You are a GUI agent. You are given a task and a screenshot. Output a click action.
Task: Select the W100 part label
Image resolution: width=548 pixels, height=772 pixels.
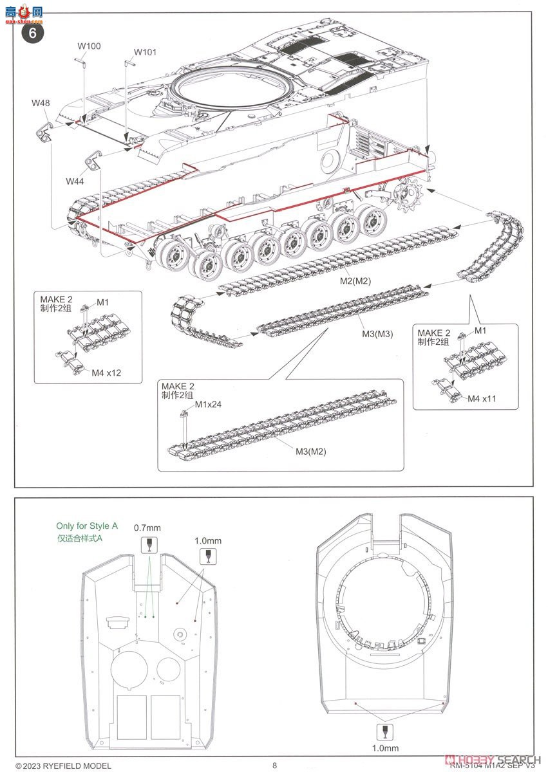pos(90,46)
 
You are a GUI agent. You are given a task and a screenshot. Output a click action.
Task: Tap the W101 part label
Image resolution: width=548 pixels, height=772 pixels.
pos(145,52)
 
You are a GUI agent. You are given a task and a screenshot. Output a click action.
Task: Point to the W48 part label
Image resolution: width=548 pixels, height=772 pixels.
pos(41,104)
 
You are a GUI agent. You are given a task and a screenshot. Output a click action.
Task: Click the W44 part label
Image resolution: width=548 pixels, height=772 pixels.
pos(75,181)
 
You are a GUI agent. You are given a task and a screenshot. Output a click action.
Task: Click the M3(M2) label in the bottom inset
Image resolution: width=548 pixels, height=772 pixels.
pos(311,451)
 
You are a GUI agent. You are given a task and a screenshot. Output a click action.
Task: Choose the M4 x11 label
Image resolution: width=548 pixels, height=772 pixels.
pos(482,399)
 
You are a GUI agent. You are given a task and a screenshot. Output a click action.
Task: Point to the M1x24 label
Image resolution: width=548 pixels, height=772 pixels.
pos(208,404)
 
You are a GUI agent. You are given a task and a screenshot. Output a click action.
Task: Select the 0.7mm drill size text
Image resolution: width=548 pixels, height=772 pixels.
pos(147,528)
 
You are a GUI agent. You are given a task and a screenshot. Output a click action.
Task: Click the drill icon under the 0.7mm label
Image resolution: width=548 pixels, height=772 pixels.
pos(148,545)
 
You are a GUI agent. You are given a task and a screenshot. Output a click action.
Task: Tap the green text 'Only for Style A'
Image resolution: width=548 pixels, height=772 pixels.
pos(87,526)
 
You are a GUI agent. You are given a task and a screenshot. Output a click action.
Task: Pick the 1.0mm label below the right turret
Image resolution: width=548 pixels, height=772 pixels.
pos(385,748)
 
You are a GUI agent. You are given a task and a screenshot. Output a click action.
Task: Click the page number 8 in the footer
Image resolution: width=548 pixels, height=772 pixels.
pos(275,765)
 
